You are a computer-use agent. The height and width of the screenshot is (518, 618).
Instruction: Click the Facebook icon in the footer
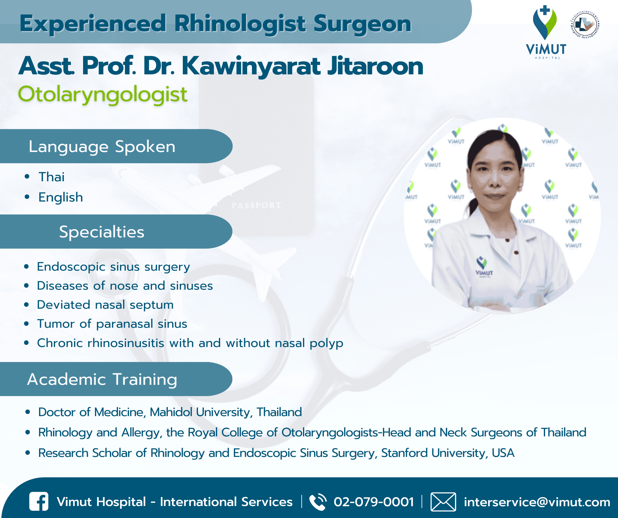39,501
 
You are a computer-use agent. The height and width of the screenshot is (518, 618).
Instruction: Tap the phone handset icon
318,501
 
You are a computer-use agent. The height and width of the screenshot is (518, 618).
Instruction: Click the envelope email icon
443,501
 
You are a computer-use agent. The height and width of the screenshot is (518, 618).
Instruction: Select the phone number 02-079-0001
374,502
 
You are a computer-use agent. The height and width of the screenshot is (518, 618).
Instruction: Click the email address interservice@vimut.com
537,502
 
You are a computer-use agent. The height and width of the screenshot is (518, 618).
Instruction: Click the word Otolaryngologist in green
102,94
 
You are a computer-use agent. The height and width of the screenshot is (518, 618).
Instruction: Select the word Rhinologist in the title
240,24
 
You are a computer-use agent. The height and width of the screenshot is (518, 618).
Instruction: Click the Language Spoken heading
102,146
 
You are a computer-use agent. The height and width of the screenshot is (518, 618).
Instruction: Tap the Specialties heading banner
102,232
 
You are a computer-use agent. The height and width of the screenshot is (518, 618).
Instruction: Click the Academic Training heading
102,379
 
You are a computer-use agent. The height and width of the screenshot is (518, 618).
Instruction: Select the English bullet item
61,197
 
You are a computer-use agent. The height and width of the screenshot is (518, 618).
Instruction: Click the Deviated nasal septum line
105,305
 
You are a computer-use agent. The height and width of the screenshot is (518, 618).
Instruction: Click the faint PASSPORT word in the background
256,206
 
